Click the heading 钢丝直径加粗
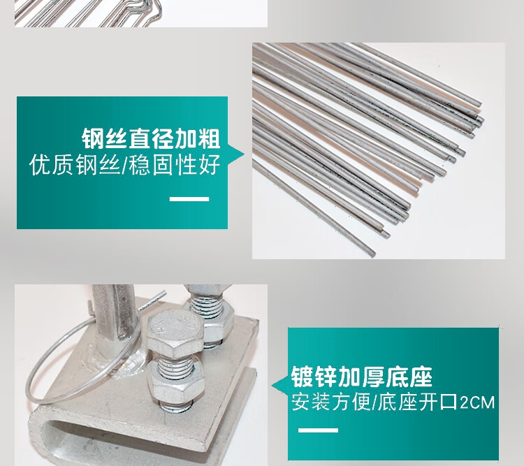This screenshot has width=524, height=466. click(151, 138)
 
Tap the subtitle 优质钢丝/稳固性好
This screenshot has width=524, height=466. click(124, 165)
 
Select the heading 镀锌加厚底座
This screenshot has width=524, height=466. click(362, 377)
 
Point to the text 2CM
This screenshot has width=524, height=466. click(477, 403)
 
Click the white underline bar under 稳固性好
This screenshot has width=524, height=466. click(189, 199)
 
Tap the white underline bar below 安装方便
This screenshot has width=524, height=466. click(318, 430)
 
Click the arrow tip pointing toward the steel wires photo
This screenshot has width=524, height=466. click(244, 155)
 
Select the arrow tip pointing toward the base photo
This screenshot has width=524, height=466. click(272, 386)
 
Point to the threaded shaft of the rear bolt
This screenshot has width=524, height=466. click(206, 307)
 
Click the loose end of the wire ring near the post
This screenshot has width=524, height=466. click(164, 292)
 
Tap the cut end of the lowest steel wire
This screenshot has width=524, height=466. click(371, 253)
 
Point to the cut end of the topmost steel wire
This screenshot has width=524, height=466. click(479, 104)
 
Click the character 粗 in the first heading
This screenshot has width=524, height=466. click(209, 138)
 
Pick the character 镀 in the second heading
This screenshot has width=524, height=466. click(302, 377)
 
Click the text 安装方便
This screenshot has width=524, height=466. click(331, 402)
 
